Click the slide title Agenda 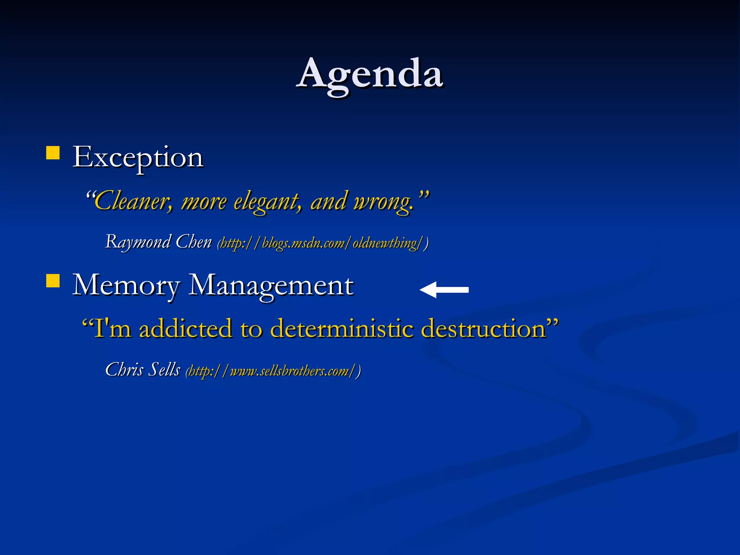point(369,74)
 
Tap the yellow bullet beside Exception point(53,153)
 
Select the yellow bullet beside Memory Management point(53,281)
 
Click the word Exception point(138,158)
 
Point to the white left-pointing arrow point(444,290)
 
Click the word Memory point(126,286)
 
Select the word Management point(271,286)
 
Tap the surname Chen point(193,242)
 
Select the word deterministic point(341,329)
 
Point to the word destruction point(483,329)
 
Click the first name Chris point(124,370)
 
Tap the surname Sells point(164,370)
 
